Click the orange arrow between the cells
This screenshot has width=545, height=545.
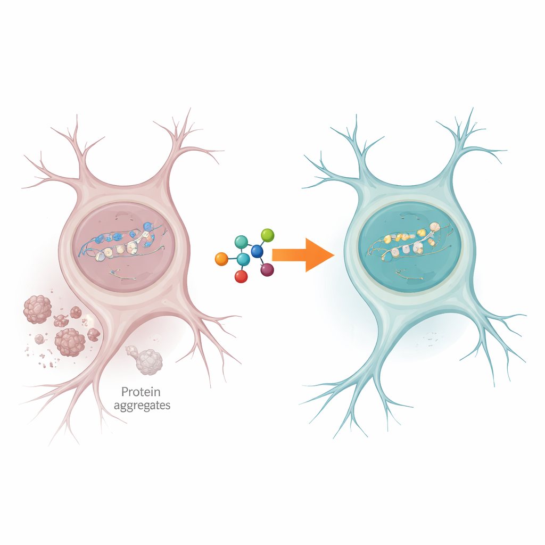pos(303,255)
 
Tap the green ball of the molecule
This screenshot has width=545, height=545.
pos(267,235)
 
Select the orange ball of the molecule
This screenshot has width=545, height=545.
pos(222,259)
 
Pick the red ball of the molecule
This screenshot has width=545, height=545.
pos(241,277)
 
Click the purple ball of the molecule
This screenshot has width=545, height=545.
pos(267,270)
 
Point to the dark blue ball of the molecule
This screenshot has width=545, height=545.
pos(257,251)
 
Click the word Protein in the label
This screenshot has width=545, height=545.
pos(141,392)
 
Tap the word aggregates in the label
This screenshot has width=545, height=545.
pos(142,406)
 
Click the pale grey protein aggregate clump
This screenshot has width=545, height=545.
pos(145,360)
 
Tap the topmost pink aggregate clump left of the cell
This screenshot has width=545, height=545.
pos(38,309)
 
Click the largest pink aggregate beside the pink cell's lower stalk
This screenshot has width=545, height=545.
pos(70,342)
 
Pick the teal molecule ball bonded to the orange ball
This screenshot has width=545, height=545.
pos(243,259)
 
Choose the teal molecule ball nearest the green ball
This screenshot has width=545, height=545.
pos(241,242)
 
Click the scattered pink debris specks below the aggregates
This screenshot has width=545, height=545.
pos(41,356)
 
